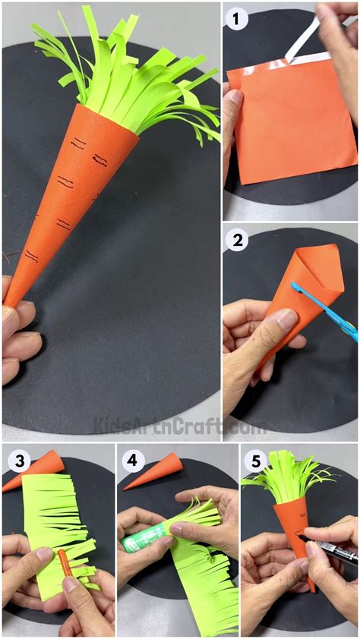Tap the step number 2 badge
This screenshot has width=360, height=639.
238,241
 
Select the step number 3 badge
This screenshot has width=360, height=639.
16,461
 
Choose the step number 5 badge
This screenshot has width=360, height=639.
254,461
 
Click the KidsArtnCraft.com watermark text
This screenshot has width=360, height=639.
179,425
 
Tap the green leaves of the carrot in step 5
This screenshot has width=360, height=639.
292,478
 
